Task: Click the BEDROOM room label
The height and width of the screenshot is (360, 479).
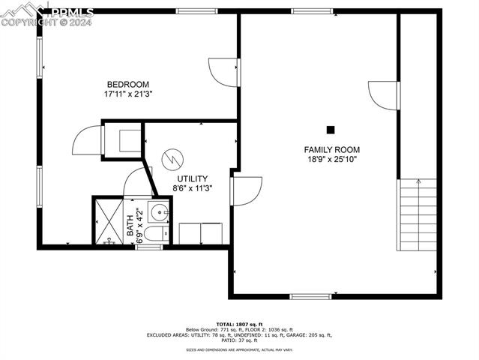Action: pyautogui.click(x=127, y=84)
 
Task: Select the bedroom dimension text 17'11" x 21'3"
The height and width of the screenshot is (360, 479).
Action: pyautogui.click(x=127, y=94)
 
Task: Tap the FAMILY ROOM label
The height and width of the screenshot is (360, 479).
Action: pyautogui.click(x=326, y=149)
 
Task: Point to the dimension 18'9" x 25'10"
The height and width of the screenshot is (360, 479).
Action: pyautogui.click(x=326, y=160)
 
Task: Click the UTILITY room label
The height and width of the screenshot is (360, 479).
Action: pyautogui.click(x=192, y=178)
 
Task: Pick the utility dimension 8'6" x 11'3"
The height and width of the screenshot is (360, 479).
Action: pyautogui.click(x=192, y=189)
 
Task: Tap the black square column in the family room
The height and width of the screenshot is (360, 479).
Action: pyautogui.click(x=331, y=129)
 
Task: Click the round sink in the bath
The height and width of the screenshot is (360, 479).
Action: pyautogui.click(x=157, y=212)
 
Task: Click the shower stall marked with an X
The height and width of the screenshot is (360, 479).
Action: pyautogui.click(x=107, y=220)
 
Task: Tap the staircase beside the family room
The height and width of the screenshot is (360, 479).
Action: pyautogui.click(x=418, y=214)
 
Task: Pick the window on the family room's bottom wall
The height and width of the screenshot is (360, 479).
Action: pyautogui.click(x=310, y=296)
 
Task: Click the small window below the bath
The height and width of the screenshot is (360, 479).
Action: pyautogui.click(x=149, y=247)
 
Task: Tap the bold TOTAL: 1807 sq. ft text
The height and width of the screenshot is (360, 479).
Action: pyautogui.click(x=239, y=323)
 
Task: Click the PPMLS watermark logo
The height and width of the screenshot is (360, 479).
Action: pyautogui.click(x=47, y=13)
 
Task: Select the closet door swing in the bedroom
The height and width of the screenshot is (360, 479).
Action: pyautogui.click(x=87, y=140)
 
